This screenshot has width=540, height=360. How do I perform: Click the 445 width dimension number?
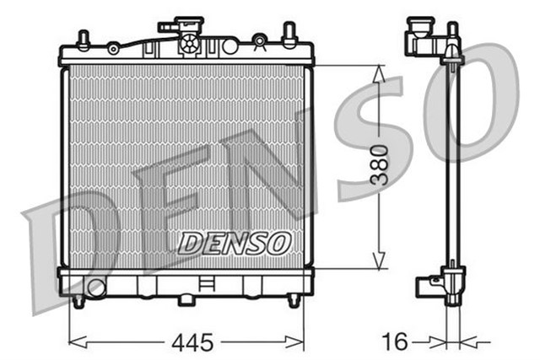[x=192, y=341]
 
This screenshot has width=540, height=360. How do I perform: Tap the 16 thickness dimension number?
[x=396, y=341]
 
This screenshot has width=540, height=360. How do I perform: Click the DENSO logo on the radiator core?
[x=234, y=243]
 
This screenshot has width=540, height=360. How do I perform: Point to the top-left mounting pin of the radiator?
[x=84, y=39]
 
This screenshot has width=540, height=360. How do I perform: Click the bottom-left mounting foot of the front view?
[x=78, y=300]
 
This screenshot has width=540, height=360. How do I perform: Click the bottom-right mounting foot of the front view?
[x=294, y=299]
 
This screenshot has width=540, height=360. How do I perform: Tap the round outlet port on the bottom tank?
[x=95, y=287]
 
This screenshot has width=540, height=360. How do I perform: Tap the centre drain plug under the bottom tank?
[x=186, y=299]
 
